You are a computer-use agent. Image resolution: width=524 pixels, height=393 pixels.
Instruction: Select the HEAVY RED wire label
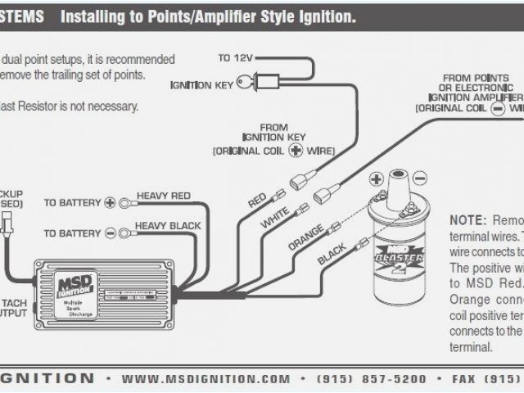[x=164, y=196]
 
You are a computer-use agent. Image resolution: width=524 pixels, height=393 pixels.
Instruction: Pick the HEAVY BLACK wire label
[x=168, y=225]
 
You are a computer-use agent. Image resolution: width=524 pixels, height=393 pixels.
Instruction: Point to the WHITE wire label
[x=277, y=216]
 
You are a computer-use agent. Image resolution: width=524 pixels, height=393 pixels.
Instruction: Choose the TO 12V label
[x=235, y=58]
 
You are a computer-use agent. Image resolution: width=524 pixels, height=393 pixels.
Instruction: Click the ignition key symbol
[x=248, y=84]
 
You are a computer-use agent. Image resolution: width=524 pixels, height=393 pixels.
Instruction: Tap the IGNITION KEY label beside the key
[x=201, y=84]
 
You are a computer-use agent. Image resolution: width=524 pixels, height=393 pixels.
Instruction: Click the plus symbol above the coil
[x=377, y=178]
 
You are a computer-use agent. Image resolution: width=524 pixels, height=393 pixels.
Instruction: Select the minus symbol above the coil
[x=419, y=178]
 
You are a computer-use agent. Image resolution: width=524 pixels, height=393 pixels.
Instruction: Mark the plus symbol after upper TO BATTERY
[x=110, y=202]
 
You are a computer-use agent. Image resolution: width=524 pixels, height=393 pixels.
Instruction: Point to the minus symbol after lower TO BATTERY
[x=110, y=232]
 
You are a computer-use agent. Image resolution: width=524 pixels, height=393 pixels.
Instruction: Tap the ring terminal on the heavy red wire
[x=124, y=202]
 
